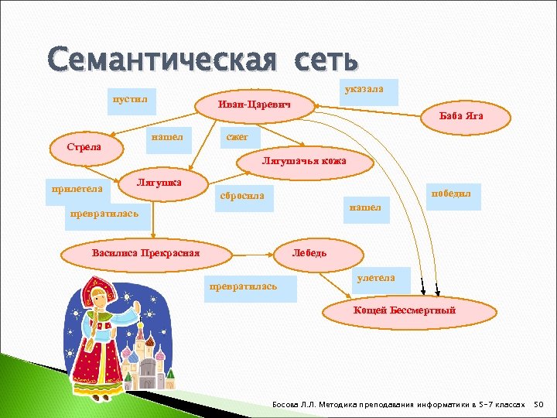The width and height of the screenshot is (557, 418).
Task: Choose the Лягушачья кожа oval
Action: point(303,161)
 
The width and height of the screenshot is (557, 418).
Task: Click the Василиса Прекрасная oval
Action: point(145,252)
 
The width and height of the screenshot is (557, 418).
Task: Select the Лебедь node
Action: point(309,252)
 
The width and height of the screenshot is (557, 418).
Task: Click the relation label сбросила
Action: point(242,196)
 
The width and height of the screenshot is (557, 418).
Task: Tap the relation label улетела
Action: point(376,278)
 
